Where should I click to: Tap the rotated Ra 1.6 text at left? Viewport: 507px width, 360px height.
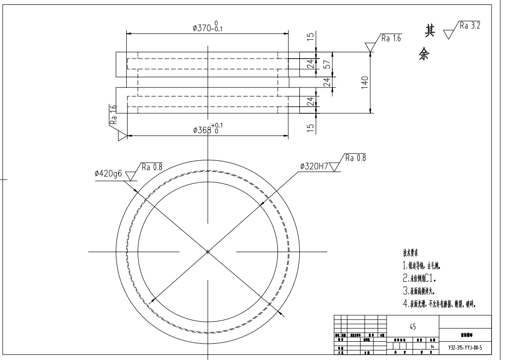113,114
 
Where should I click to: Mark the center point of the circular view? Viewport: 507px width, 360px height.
208,251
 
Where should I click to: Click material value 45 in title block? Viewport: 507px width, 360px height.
412,326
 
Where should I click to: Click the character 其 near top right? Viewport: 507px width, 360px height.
425,31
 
